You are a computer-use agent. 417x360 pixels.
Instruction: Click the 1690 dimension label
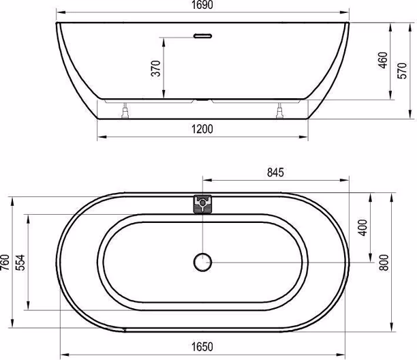202,5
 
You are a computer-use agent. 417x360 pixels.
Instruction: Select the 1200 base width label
202,129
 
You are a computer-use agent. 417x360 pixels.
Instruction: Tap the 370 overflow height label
156,68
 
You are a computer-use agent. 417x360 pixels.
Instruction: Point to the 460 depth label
383,60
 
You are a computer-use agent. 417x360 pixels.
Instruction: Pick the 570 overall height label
402,70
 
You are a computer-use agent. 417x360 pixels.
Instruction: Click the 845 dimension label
275,172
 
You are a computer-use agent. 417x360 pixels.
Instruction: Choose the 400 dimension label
362,228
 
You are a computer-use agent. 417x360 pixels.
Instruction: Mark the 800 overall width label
384,262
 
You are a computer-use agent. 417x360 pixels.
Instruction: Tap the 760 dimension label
5,262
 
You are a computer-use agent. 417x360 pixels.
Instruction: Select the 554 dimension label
20,262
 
